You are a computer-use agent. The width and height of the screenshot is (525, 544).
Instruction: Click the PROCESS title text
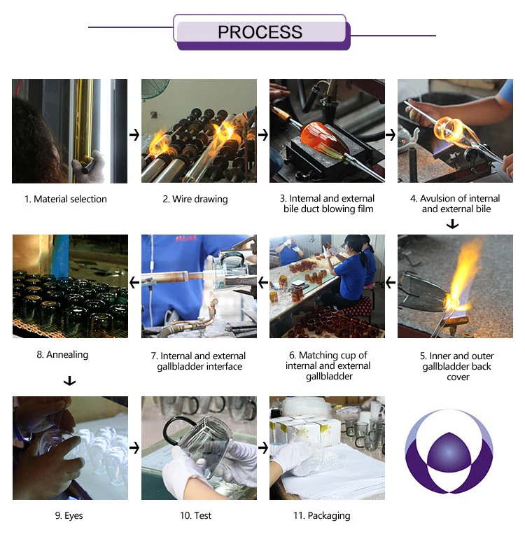pos(260,32)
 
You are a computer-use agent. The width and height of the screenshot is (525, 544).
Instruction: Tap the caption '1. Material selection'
pos(66,199)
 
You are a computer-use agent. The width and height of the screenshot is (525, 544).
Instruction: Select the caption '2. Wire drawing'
pos(195,199)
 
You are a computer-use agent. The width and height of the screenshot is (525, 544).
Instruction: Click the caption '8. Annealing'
pos(62,354)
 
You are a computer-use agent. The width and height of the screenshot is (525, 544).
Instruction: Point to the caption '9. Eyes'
pos(69,515)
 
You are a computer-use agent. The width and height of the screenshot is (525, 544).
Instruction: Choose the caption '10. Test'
pos(195,515)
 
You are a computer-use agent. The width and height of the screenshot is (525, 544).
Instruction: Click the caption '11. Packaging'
pos(322,516)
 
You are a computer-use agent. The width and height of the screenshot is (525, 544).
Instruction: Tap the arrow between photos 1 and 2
pos(134,134)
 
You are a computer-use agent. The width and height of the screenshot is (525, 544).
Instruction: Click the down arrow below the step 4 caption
pos(452,224)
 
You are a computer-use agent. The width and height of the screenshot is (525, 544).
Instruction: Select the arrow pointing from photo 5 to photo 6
pos(391,283)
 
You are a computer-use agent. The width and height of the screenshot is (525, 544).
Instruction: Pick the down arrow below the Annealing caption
pos(70,381)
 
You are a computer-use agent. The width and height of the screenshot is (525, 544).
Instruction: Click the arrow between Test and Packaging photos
pos(263,447)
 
